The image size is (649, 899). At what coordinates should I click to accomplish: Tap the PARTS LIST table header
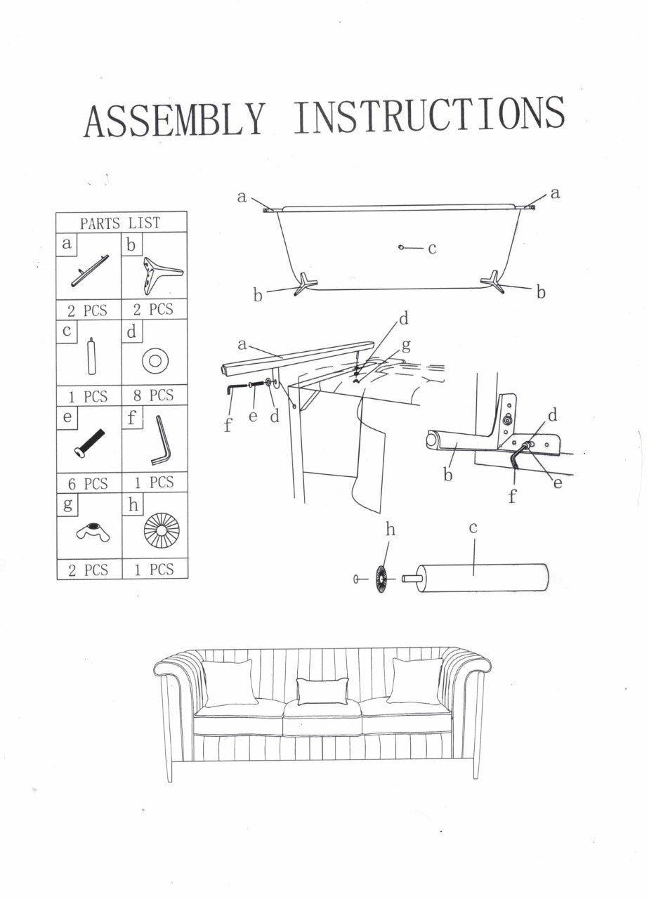(120, 223)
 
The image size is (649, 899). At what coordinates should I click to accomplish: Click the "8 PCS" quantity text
(154, 396)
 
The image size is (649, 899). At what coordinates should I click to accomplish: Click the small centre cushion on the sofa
(323, 690)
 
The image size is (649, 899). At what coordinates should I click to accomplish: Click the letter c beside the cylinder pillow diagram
(473, 528)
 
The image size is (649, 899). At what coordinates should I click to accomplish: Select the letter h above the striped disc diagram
(391, 530)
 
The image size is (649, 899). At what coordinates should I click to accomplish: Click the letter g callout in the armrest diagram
(406, 346)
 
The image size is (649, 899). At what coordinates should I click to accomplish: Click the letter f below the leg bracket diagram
(513, 497)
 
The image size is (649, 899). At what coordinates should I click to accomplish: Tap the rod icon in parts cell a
(90, 270)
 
